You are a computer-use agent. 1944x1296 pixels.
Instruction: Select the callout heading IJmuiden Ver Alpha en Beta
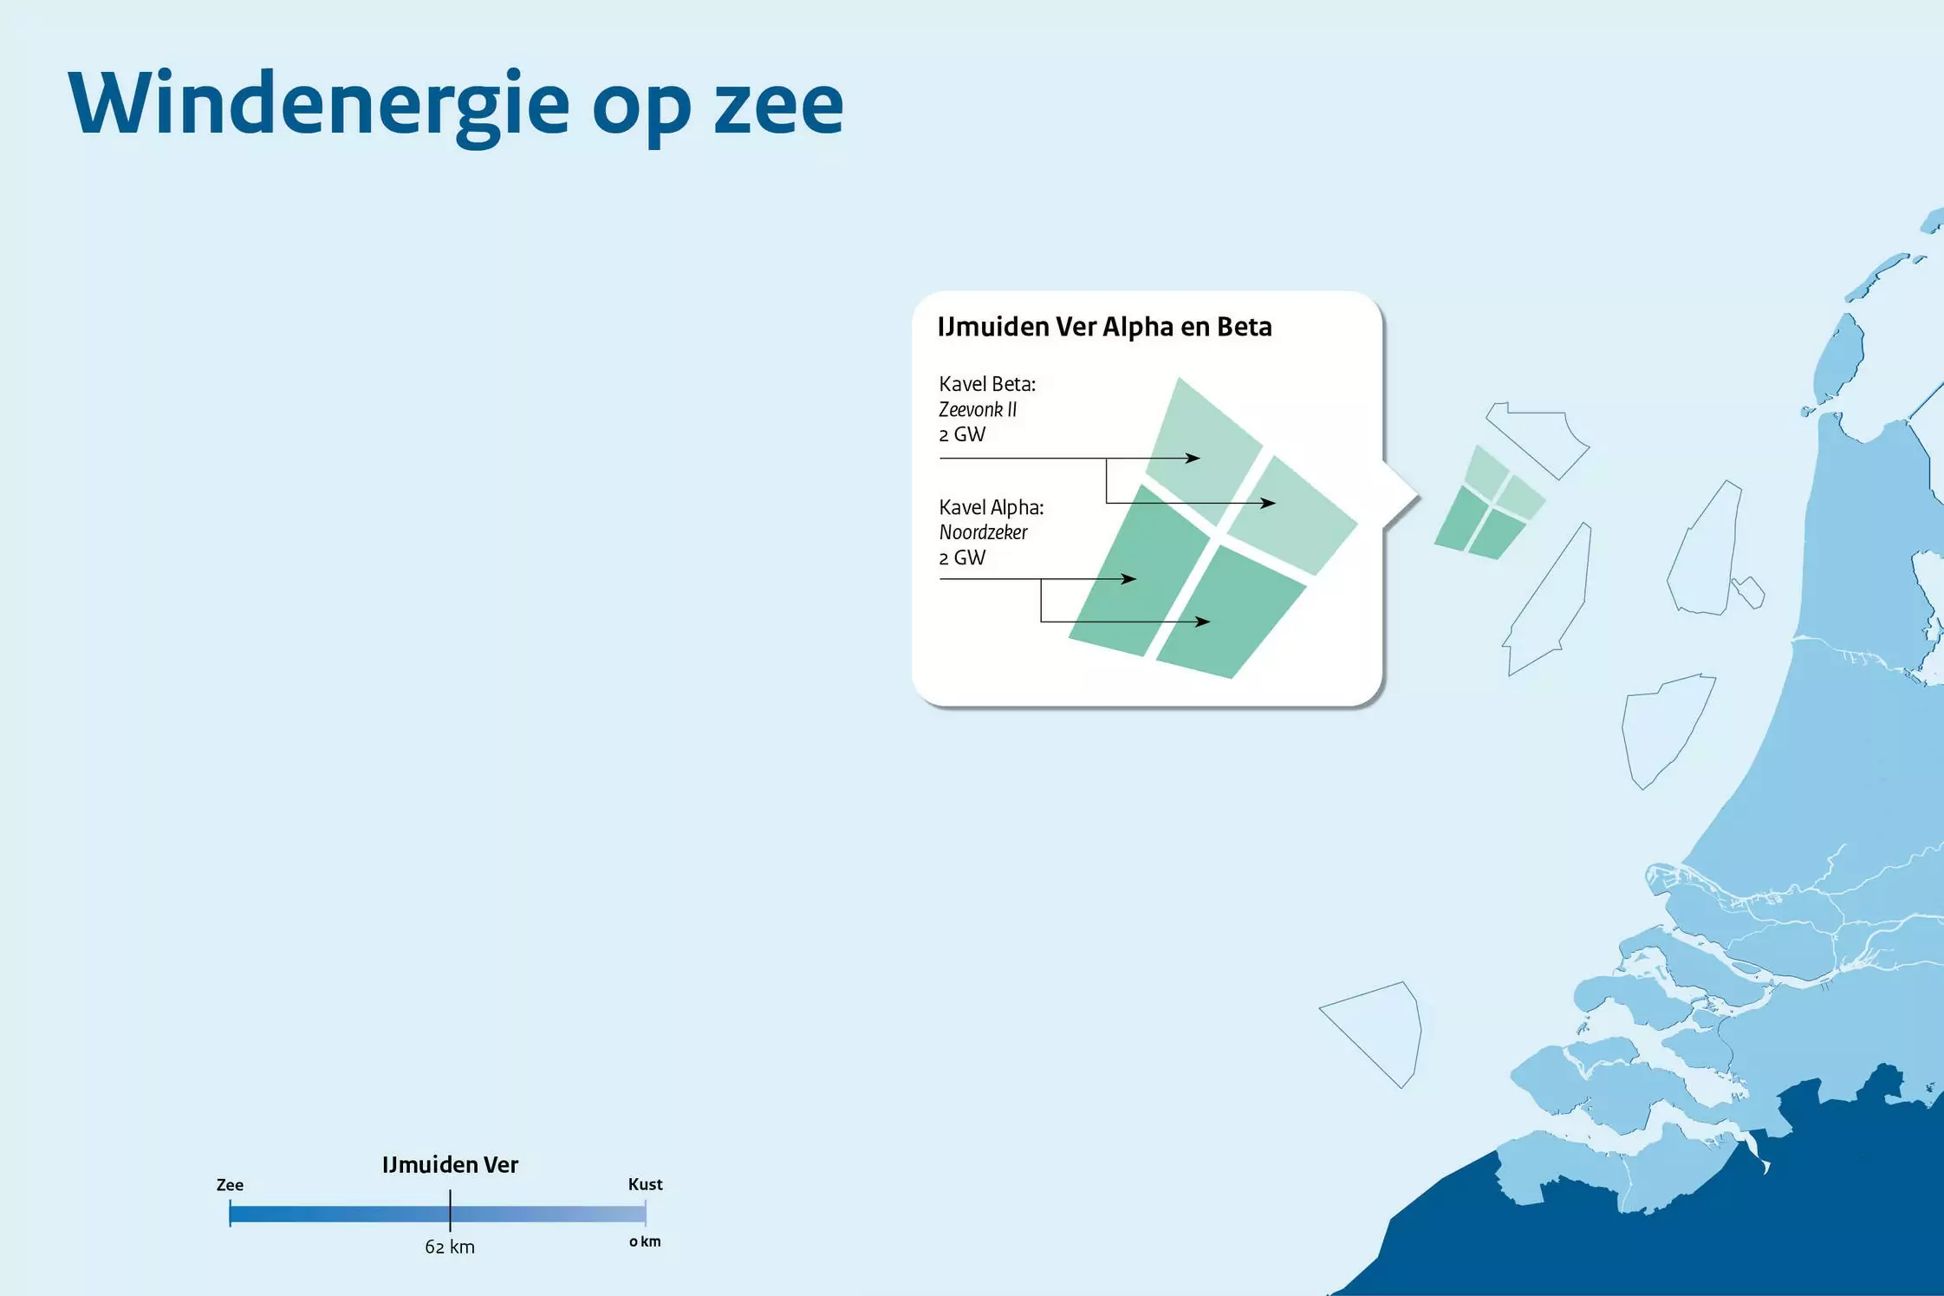[1105, 327]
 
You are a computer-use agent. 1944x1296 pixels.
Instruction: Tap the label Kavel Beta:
[987, 384]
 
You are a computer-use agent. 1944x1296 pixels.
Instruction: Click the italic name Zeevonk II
[978, 409]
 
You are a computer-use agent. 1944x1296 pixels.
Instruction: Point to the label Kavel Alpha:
[992, 507]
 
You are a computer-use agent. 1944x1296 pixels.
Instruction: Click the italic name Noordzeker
[983, 532]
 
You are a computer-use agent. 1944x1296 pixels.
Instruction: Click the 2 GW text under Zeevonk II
[962, 434]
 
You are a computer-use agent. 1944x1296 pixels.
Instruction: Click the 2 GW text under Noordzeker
[962, 557]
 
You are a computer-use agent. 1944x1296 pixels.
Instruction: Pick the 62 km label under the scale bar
[450, 1247]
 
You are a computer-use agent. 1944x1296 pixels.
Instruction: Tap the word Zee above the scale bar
[230, 1185]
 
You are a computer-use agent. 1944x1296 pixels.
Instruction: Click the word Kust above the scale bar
[645, 1184]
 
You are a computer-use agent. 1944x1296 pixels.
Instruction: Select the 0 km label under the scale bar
[645, 1241]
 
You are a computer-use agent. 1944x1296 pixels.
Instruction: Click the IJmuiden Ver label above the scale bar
[450, 1164]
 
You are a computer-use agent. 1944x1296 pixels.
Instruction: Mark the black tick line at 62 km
[450, 1210]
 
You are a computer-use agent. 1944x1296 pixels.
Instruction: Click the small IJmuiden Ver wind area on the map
[1489, 504]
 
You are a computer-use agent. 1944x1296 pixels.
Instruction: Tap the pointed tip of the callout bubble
[1418, 498]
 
